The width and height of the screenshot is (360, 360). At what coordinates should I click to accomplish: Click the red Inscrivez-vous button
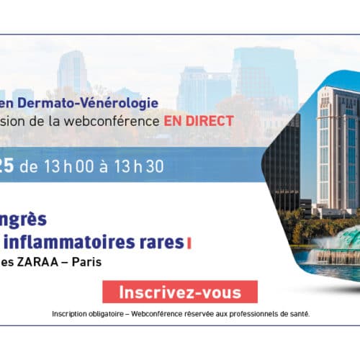click(180, 292)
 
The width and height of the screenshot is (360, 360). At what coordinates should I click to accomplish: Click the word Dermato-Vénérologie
click(88, 104)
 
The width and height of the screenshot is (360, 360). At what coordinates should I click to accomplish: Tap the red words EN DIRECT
click(199, 121)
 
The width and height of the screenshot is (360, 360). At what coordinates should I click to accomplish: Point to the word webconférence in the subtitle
click(112, 121)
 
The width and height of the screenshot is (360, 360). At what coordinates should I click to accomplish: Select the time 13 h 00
click(69, 166)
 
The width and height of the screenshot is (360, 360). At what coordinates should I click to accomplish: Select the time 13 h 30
click(139, 166)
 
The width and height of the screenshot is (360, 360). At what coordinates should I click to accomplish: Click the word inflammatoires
click(70, 242)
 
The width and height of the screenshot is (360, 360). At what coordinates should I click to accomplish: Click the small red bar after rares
click(189, 243)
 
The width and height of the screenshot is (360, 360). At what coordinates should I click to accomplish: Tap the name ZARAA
click(37, 262)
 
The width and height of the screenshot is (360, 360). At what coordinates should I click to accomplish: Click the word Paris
click(86, 262)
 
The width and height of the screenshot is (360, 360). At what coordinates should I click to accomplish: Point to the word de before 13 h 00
click(29, 167)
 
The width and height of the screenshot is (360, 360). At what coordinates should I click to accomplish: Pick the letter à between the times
click(104, 166)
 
